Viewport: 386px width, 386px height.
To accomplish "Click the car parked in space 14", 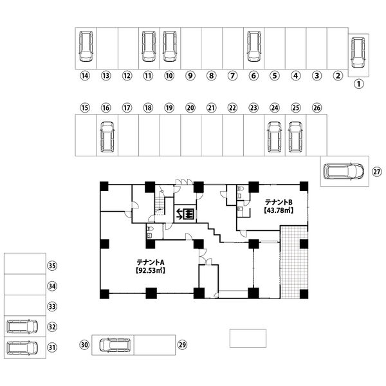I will tap(85, 46).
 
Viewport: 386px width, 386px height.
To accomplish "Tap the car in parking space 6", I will tap(253, 46).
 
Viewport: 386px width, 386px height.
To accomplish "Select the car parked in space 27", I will tap(343, 172).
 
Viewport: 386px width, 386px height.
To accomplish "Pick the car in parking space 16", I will tap(107, 137).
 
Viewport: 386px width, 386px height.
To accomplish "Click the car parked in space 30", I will tap(115, 345).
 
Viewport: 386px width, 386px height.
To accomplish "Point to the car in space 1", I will tap(358, 53).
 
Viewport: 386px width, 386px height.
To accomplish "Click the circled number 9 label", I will tap(190, 75).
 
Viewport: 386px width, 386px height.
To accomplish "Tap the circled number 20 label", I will tap(190, 107).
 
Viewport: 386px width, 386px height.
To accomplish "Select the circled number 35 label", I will tap(53, 265).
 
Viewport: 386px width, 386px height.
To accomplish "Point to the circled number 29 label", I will tap(182, 345).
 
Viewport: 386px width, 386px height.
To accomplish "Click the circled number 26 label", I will tap(317, 107).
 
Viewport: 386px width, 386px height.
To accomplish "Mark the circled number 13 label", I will tap(106, 75).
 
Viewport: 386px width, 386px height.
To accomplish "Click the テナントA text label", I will tap(151, 262).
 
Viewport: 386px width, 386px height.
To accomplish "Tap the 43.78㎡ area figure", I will tap(278, 211).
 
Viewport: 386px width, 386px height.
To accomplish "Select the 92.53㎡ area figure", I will tap(151, 271).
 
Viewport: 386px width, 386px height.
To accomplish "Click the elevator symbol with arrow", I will tap(186, 214).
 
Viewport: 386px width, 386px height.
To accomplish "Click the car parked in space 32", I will tap(21, 326).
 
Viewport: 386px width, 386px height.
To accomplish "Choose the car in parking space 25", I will tap(295, 137).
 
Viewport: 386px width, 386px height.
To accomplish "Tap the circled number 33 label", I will tap(53, 306).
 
